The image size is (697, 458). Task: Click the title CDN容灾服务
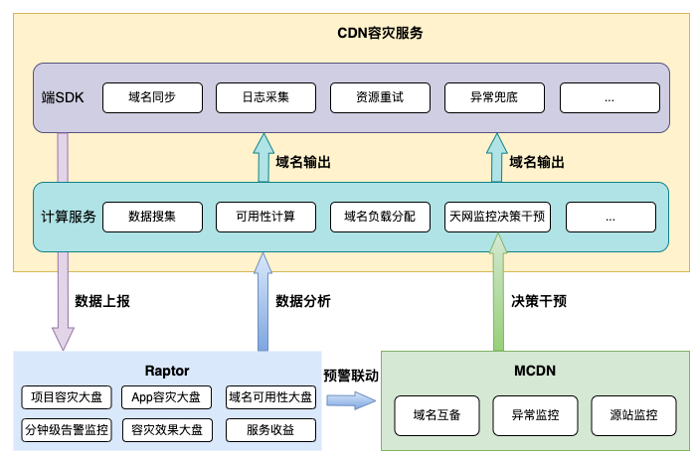click(381, 32)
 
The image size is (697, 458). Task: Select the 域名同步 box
click(152, 97)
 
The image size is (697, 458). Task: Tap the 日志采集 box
click(265, 97)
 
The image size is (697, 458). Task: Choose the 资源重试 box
click(380, 97)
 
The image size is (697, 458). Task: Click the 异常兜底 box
click(494, 97)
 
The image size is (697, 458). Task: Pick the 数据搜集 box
click(152, 217)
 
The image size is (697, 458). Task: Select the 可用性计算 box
click(265, 217)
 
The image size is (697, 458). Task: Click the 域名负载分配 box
click(380, 217)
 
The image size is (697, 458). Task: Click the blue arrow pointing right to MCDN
click(352, 400)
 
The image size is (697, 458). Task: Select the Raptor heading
click(167, 370)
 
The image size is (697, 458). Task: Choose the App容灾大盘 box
click(167, 398)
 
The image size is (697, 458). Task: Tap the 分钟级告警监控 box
click(68, 430)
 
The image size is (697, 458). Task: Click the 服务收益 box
click(270, 430)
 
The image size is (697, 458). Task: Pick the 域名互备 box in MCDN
click(437, 413)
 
